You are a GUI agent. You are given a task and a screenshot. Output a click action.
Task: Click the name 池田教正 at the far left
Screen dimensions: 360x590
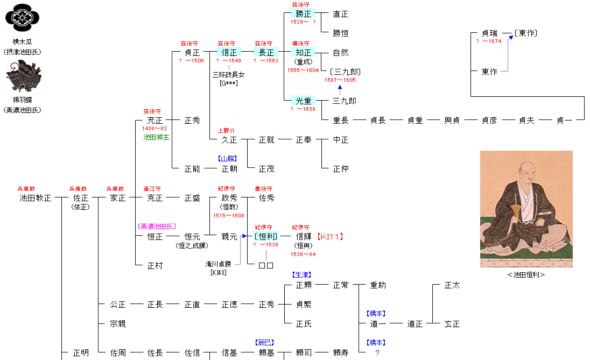36,198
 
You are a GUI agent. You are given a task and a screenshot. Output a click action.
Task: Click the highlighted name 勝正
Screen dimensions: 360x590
303,14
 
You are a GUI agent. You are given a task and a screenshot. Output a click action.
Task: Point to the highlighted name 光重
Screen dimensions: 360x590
303,101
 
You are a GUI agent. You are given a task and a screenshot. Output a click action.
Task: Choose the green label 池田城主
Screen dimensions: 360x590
156,137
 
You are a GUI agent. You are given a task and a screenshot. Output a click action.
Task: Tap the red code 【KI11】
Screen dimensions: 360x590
331,236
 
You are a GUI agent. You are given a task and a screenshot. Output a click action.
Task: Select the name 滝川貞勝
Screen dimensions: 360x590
218,264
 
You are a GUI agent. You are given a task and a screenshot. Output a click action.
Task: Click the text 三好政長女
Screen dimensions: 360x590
228,75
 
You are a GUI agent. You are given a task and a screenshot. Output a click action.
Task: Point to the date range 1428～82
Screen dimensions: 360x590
154,129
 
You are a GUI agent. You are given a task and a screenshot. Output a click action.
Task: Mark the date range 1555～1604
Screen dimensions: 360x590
303,70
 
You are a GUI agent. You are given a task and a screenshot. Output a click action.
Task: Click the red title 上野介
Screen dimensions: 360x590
227,131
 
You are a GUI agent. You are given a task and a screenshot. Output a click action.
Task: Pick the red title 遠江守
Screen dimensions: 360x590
152,189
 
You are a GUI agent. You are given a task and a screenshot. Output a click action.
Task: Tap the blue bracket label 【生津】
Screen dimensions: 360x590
301,275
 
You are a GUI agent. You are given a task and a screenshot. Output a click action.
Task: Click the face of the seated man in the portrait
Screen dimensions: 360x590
526,174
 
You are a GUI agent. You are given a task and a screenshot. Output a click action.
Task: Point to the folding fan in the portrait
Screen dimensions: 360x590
515,213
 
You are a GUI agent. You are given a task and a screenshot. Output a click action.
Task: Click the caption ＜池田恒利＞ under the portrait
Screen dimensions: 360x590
526,274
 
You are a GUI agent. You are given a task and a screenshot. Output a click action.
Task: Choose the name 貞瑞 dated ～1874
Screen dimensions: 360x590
489,33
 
